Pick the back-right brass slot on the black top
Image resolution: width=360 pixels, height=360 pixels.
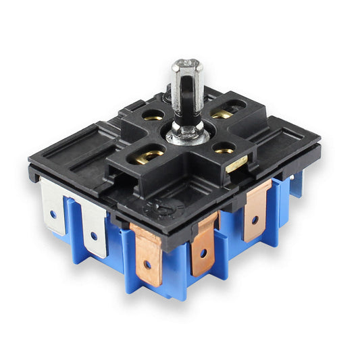222,113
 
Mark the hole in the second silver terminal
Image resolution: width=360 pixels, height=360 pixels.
94,237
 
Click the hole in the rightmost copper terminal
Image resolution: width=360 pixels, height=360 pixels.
255,220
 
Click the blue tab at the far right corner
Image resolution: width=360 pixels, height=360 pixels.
295,182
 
